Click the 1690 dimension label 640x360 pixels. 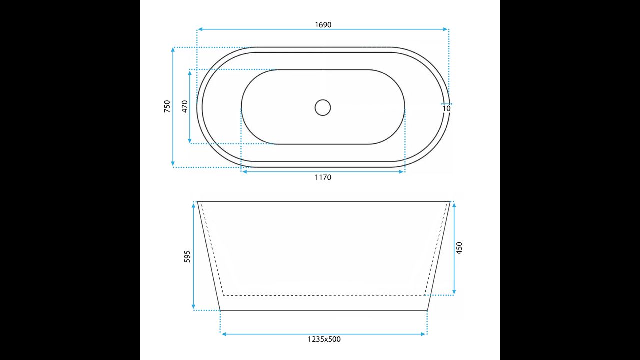(323, 25)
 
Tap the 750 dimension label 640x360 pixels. (167, 106)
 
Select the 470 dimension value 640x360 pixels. (185, 106)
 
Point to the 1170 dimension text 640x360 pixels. (323, 177)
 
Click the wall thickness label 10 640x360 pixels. (446, 109)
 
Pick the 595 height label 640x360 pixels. (187, 256)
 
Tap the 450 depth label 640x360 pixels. (459, 248)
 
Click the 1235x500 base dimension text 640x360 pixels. (324, 339)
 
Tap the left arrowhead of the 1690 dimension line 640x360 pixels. (200, 29)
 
